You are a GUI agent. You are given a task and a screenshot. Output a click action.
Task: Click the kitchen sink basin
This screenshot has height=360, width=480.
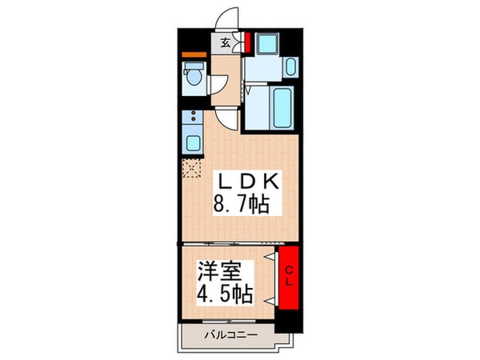[193, 143]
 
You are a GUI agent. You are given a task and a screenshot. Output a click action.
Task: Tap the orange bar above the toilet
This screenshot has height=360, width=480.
[193, 54]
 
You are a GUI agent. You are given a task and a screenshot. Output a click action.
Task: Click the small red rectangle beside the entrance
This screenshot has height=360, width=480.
[247, 41]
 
